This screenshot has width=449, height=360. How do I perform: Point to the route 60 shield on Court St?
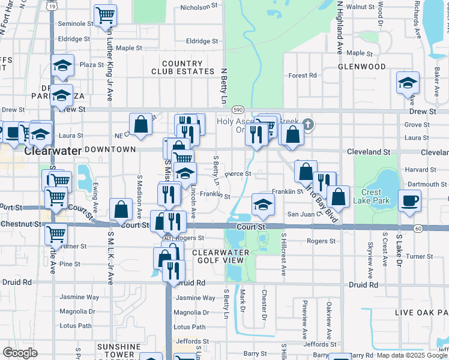[418, 228]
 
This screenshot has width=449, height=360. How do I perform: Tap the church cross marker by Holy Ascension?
[307, 124]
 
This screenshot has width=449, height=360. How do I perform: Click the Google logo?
[20, 353]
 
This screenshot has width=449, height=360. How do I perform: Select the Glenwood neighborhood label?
[361, 67]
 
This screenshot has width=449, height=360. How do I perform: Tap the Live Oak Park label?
[421, 313]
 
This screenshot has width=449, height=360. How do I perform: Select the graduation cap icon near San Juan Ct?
[263, 204]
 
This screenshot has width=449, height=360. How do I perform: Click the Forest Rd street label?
[302, 76]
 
